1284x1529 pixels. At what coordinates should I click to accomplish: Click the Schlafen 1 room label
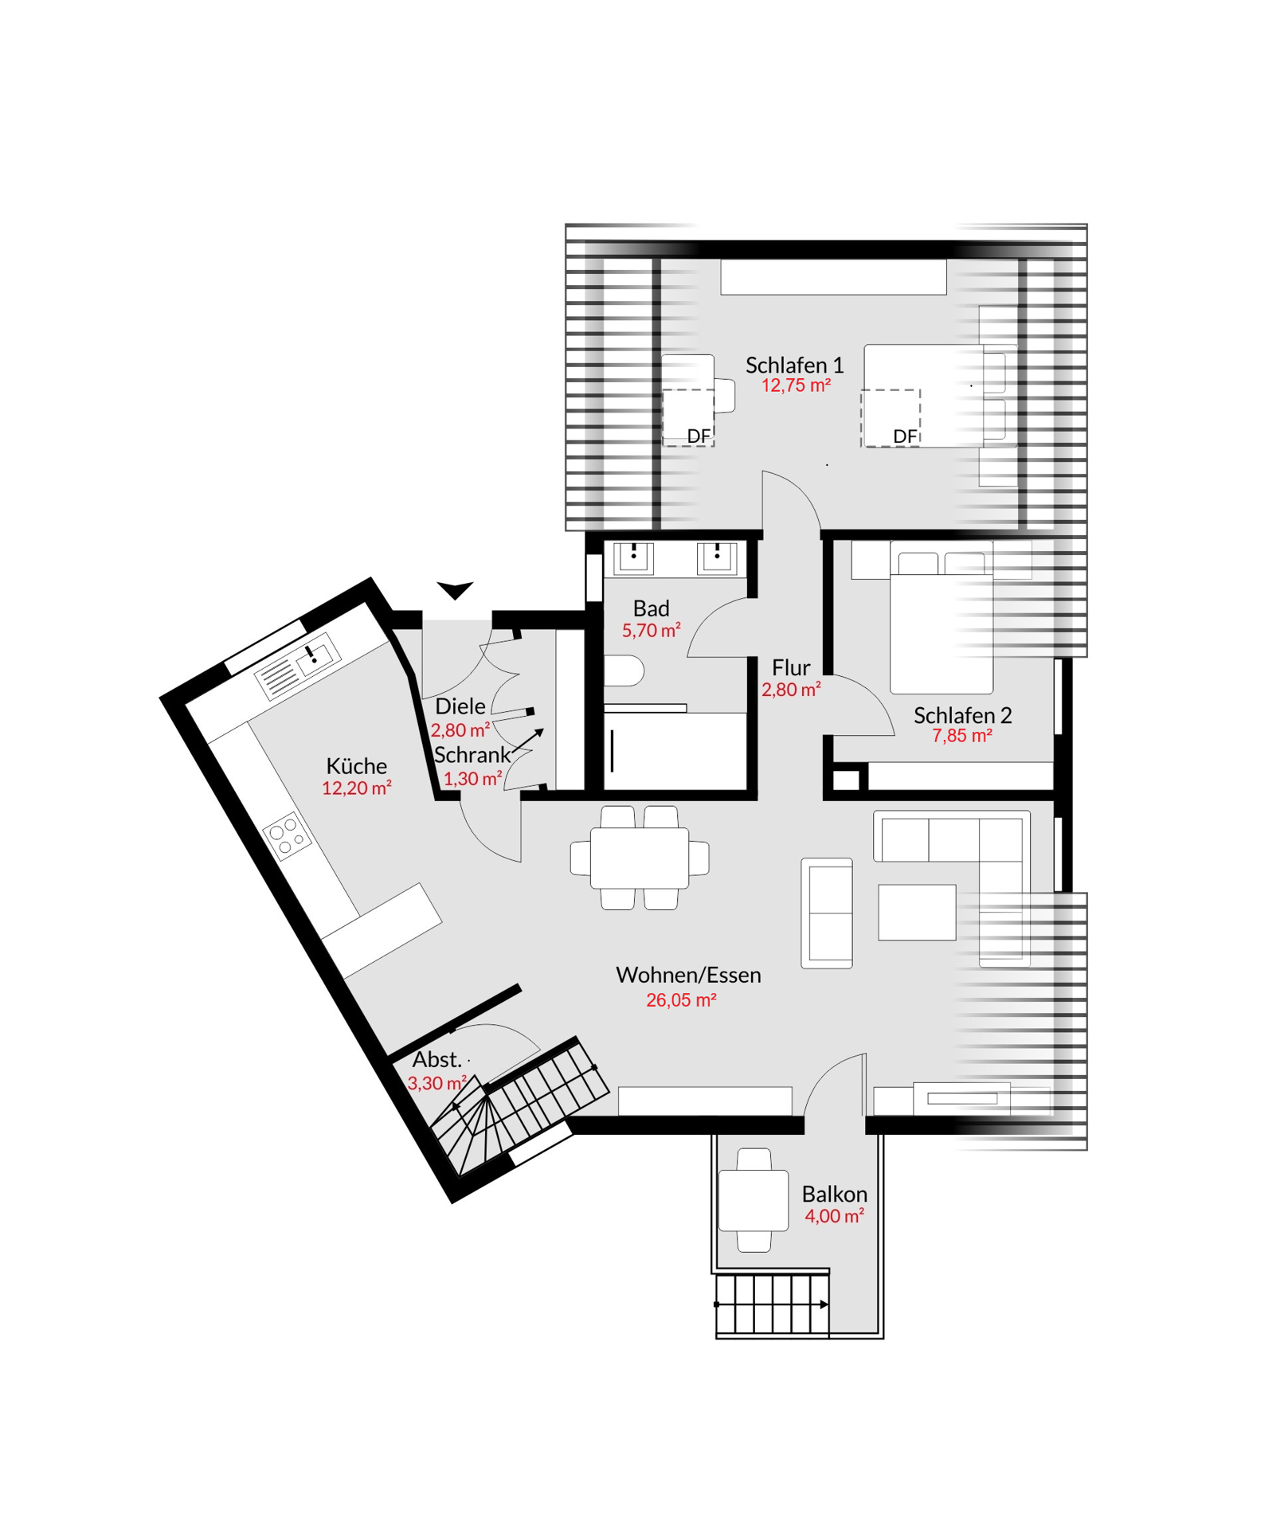pyautogui.click(x=793, y=365)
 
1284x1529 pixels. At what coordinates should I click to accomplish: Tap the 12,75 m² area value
pyautogui.click(x=796, y=385)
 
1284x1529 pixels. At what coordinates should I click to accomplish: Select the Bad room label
pyautogui.click(x=651, y=608)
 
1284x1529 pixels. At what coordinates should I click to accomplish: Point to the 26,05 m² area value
pyautogui.click(x=680, y=1000)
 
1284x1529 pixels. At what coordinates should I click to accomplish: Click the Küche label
pyautogui.click(x=356, y=765)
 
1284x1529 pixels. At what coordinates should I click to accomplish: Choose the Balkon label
pyautogui.click(x=834, y=1194)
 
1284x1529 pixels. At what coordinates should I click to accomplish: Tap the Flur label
pyautogui.click(x=790, y=667)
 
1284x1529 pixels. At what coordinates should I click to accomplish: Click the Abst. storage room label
pyautogui.click(x=436, y=1059)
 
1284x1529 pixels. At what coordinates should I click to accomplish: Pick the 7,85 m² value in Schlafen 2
pyautogui.click(x=961, y=736)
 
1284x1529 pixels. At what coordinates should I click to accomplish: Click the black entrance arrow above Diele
pyautogui.click(x=455, y=589)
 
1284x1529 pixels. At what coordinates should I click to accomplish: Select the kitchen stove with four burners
pyautogui.click(x=287, y=835)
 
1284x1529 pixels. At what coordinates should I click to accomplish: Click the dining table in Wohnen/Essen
pyautogui.click(x=639, y=858)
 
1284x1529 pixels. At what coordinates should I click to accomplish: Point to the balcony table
pyautogui.click(x=753, y=1200)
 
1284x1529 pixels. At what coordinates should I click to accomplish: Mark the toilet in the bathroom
pyautogui.click(x=624, y=671)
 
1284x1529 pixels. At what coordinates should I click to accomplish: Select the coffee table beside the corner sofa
pyautogui.click(x=917, y=912)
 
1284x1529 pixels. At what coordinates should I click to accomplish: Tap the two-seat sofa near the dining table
pyautogui.click(x=826, y=913)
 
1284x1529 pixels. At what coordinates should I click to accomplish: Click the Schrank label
pyautogui.click(x=472, y=755)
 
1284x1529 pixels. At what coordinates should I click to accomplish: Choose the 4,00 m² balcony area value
pyautogui.click(x=834, y=1216)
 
